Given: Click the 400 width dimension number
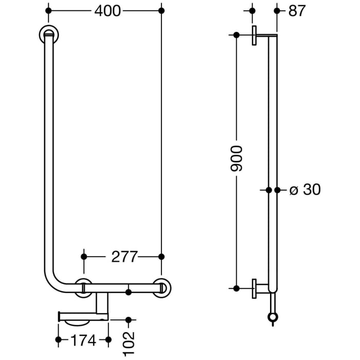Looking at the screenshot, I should point(107,10).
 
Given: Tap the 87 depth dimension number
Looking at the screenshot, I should point(297,10).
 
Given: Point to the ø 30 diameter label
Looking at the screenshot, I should point(304,190).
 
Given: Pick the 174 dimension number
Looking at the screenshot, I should point(83,339).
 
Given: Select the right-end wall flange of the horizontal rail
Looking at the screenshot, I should point(163,287).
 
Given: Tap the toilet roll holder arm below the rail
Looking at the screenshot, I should point(82,314).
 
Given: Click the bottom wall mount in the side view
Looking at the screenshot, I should point(256,288).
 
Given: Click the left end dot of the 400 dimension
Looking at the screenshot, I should point(48,10).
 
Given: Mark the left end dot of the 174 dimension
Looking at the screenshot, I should point(58,339).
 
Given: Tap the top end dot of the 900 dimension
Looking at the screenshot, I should point(236,35).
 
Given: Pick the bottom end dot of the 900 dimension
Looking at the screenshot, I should point(236,288).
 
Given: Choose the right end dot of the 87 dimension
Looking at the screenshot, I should point(277,10).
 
